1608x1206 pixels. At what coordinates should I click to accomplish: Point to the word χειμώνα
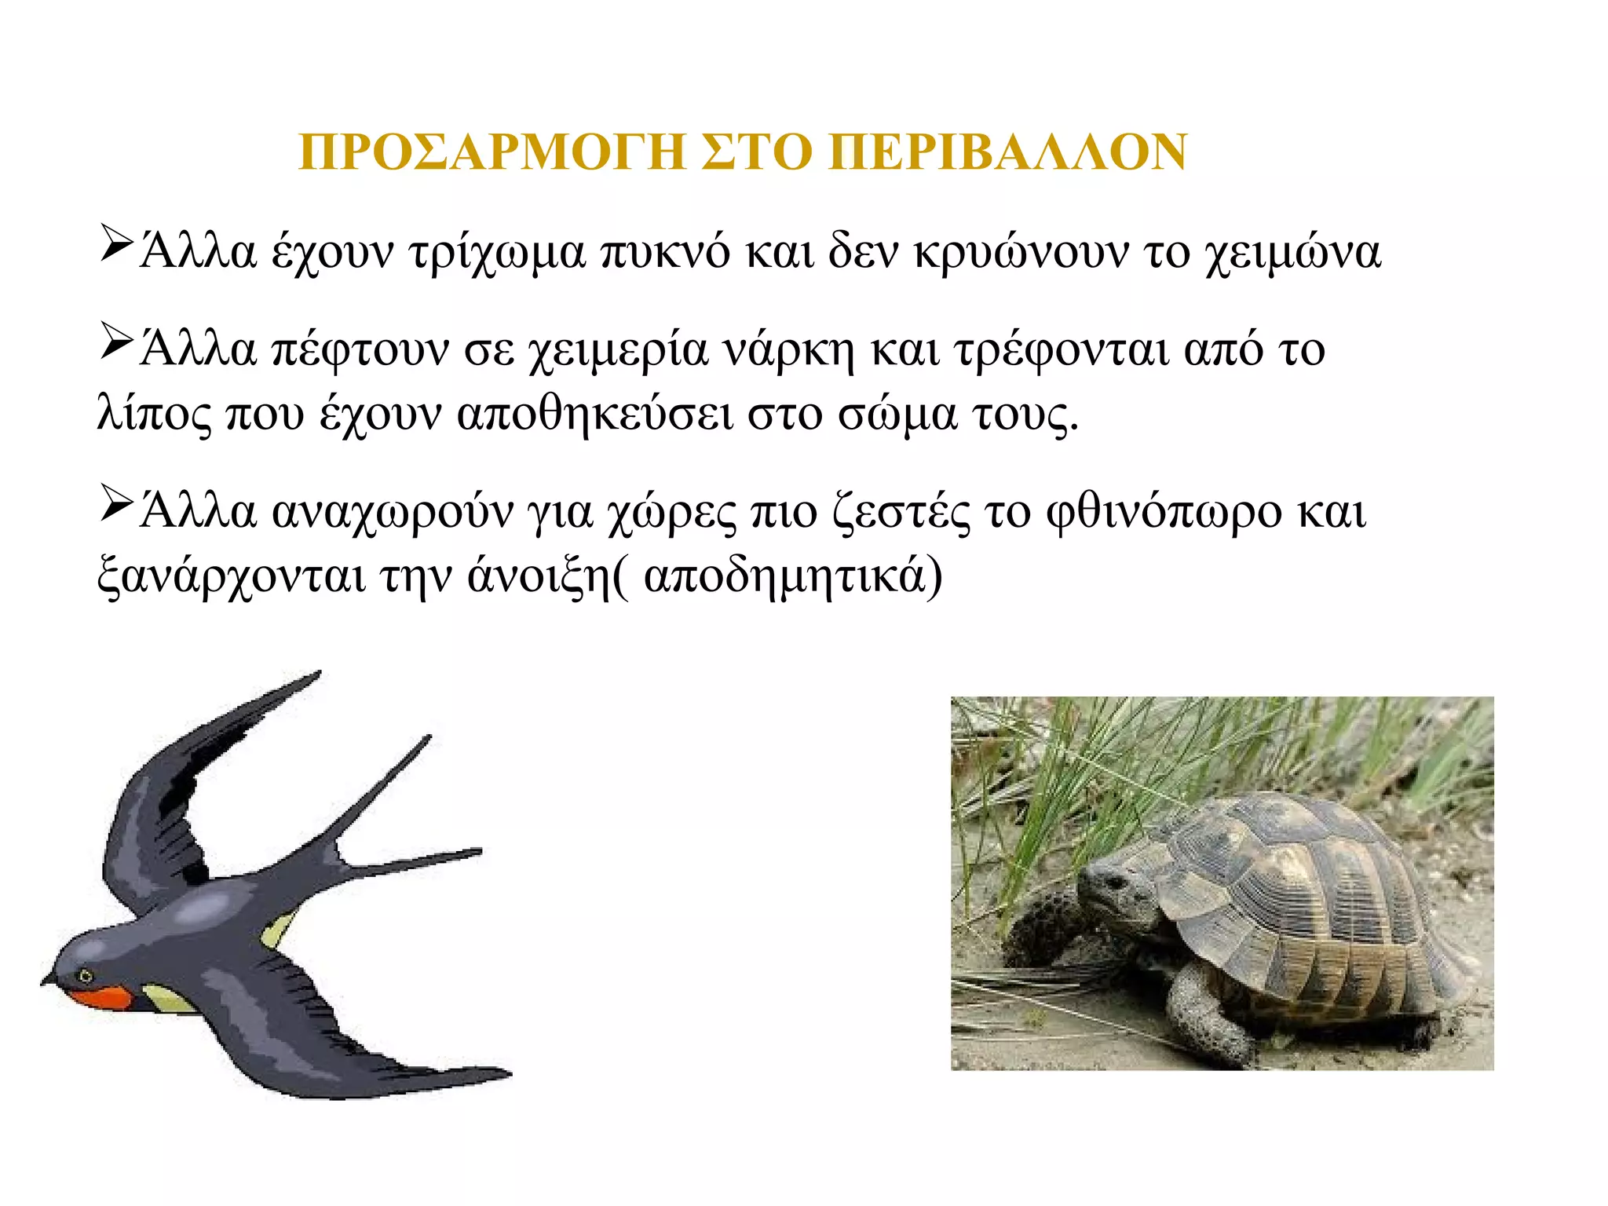click(x=1292, y=254)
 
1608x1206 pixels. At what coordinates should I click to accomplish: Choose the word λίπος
click(x=154, y=415)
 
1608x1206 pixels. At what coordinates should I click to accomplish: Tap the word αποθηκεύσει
click(x=594, y=415)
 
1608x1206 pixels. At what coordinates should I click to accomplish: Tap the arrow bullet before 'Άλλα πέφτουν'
click(x=115, y=342)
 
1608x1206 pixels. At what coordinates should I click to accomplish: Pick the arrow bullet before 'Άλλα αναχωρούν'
click(x=115, y=505)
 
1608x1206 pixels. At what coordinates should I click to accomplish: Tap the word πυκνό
click(x=665, y=254)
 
